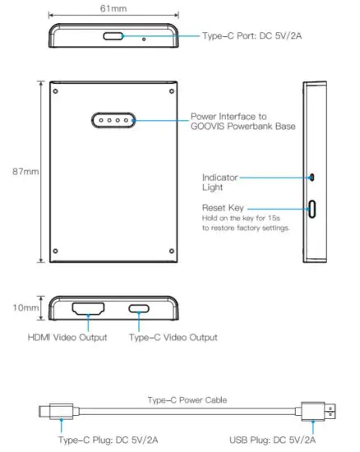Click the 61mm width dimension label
click(x=113, y=7)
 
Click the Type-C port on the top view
click(x=114, y=36)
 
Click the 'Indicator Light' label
click(x=220, y=182)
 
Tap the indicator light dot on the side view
click(x=313, y=176)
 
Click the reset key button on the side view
click(x=313, y=209)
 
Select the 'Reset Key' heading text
click(x=223, y=209)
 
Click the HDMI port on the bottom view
click(x=88, y=310)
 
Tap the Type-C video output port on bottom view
click(x=139, y=310)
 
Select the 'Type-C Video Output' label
click(x=175, y=338)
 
